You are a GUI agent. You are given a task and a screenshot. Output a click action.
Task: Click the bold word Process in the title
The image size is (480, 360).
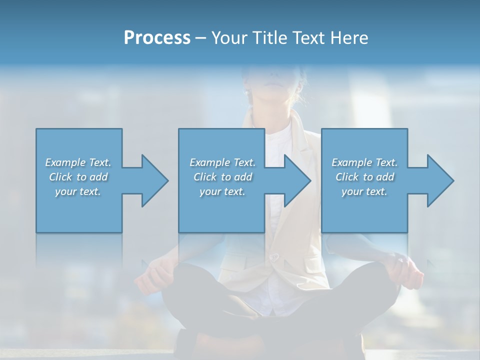(x=157, y=38)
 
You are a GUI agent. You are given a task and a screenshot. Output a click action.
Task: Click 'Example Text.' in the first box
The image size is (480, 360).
(x=78, y=162)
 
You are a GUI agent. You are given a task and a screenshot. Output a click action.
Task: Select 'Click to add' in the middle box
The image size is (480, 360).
(x=222, y=177)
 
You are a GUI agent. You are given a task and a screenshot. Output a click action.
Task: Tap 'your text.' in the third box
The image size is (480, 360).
(x=364, y=191)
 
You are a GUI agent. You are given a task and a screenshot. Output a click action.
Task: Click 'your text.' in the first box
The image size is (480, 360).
(x=78, y=191)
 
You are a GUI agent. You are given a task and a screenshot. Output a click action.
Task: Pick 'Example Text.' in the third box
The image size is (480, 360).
(x=364, y=162)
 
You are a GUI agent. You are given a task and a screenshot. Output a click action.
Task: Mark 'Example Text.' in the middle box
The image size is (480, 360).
(x=222, y=162)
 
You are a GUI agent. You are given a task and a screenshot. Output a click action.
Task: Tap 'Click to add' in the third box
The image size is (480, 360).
(x=364, y=177)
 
